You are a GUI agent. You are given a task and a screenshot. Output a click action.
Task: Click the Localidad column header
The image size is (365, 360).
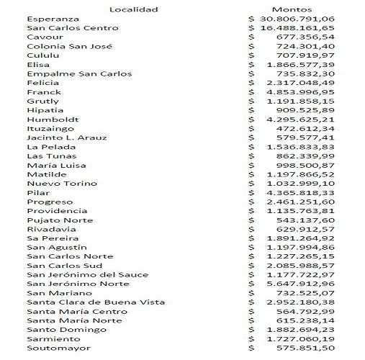(x=133, y=9)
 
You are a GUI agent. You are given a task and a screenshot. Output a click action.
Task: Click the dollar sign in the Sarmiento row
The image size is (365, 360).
(x=252, y=338)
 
